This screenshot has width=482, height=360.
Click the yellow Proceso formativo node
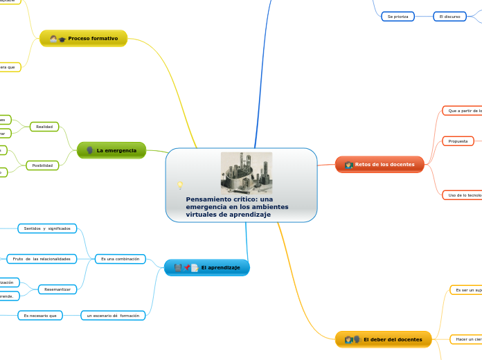[84, 38]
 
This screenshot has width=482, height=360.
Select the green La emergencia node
[111, 150]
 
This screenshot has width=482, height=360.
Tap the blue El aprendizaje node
[207, 267]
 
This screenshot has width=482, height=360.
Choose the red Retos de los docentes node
[380, 164]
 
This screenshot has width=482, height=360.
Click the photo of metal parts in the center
[246, 173]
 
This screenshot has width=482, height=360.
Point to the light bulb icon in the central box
[180, 186]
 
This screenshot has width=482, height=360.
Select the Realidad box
[44, 127]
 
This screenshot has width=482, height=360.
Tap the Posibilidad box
[42, 165]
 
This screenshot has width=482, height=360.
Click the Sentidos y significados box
[47, 228]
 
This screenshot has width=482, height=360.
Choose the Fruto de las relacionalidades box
[42, 259]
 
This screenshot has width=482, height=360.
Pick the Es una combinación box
[120, 259]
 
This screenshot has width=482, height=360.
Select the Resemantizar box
[59, 289]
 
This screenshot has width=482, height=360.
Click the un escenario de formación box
[114, 315]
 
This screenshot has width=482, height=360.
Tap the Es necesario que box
[40, 315]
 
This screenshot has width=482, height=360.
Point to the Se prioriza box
[398, 16]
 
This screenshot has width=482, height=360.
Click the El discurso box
[449, 16]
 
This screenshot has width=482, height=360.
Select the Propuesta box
[458, 141]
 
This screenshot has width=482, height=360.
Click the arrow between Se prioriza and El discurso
[423, 16]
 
